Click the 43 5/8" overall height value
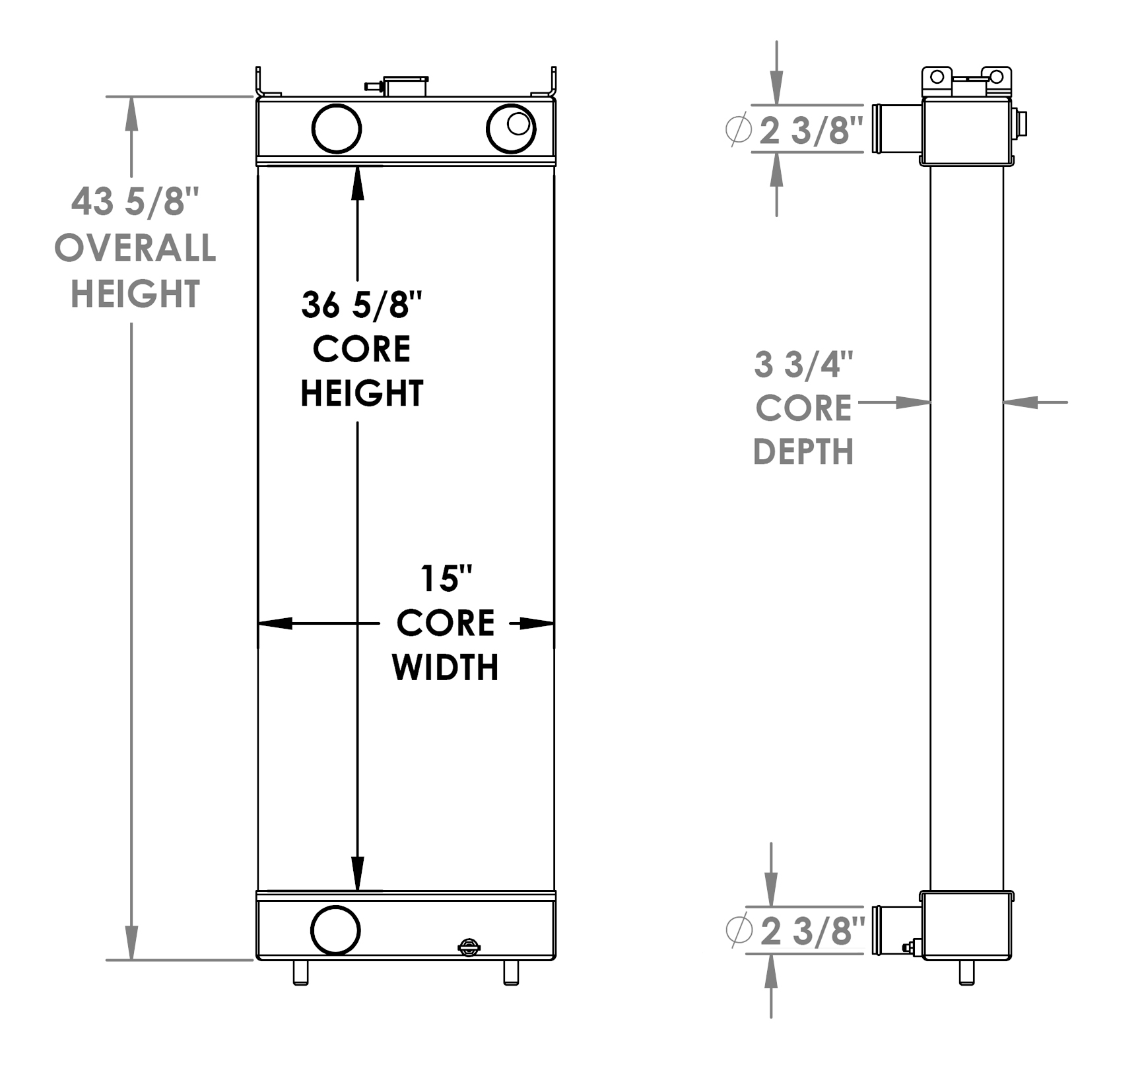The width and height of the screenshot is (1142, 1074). pyautogui.click(x=135, y=201)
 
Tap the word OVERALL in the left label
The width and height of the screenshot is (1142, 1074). pyautogui.click(x=135, y=248)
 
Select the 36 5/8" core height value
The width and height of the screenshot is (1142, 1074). pyautogui.click(x=361, y=305)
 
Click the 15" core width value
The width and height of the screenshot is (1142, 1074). pyautogui.click(x=446, y=579)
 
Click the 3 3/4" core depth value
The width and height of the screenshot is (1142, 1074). pyautogui.click(x=803, y=364)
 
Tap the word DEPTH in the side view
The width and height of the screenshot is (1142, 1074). pyautogui.click(x=803, y=453)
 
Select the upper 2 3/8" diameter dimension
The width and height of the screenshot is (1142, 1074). pyautogui.click(x=811, y=130)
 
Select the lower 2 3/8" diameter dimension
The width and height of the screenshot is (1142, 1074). pyautogui.click(x=812, y=931)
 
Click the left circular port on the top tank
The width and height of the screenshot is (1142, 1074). pyautogui.click(x=336, y=129)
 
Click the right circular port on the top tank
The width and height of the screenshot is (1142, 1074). pyautogui.click(x=510, y=129)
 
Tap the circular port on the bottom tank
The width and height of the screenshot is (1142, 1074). pyautogui.click(x=335, y=930)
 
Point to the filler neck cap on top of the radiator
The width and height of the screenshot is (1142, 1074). pyautogui.click(x=405, y=86)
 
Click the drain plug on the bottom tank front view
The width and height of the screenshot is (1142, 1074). pyautogui.click(x=469, y=948)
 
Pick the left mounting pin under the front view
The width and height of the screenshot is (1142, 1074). pyautogui.click(x=300, y=972)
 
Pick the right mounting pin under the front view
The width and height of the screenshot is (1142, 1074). pyautogui.click(x=511, y=972)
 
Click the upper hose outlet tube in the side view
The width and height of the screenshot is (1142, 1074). pyautogui.click(x=896, y=128)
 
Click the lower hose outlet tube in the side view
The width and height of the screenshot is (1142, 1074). pyautogui.click(x=896, y=930)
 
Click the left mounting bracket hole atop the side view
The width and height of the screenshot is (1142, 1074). pyautogui.click(x=937, y=77)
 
